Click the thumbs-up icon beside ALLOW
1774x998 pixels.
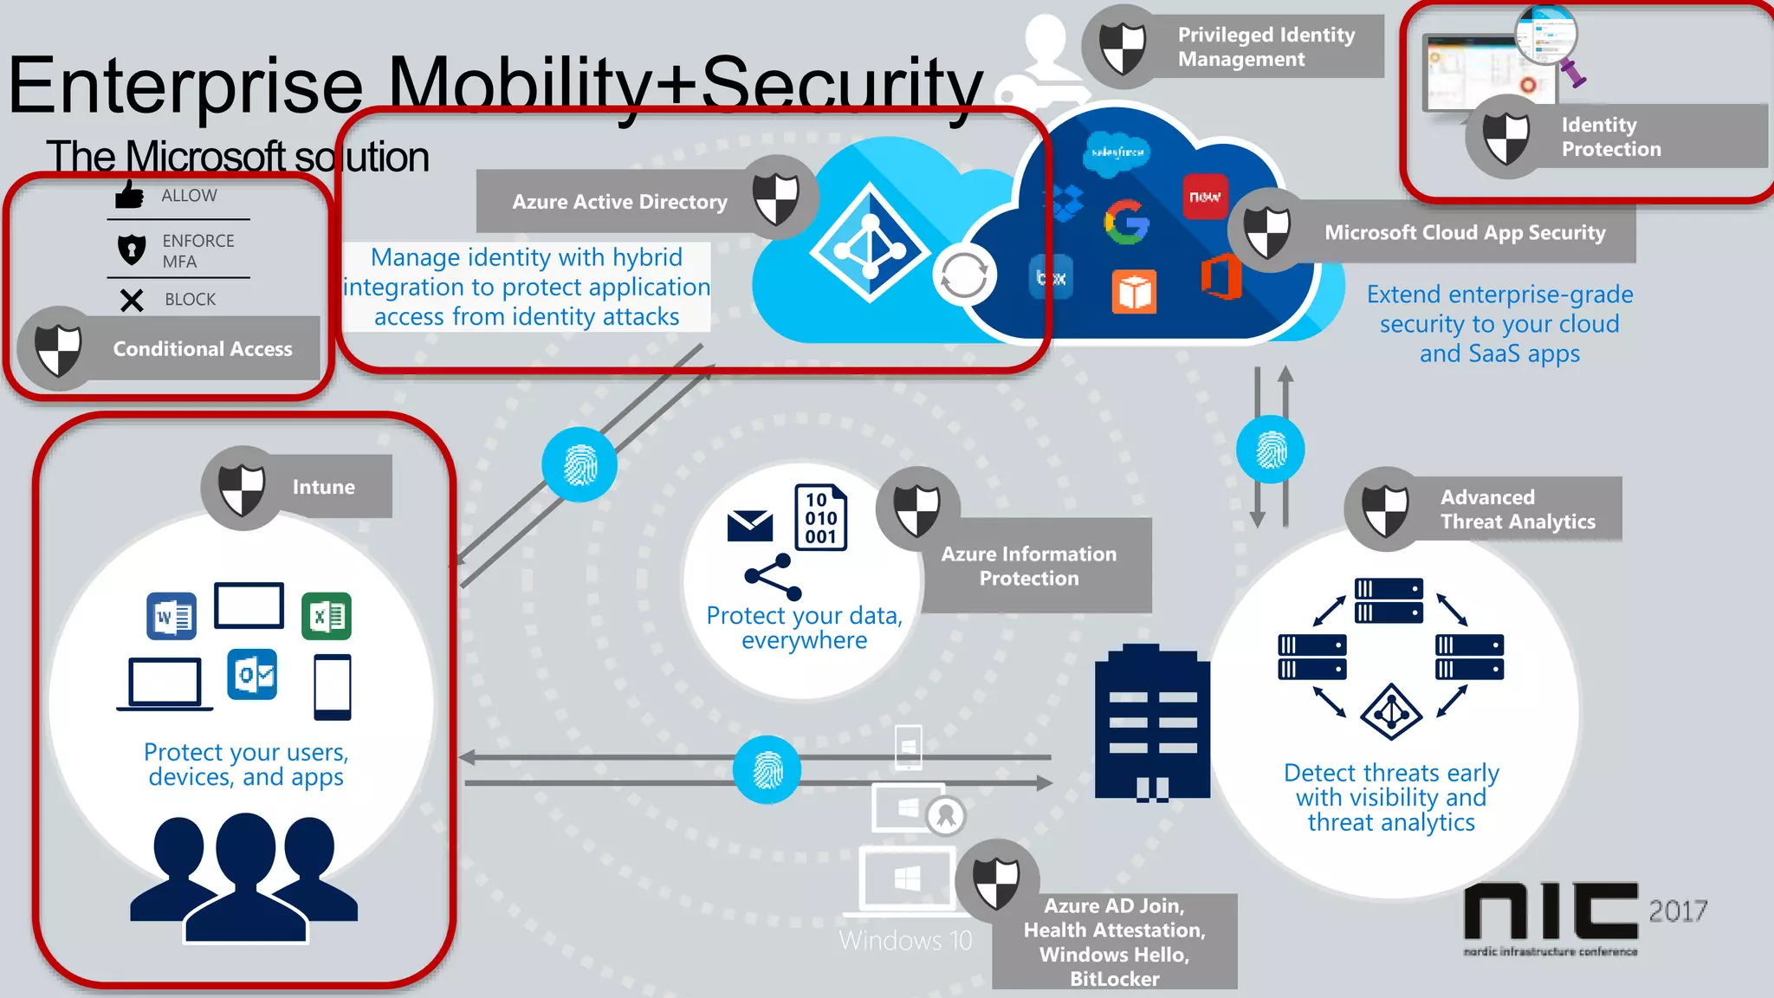(129, 195)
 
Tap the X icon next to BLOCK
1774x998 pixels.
(132, 300)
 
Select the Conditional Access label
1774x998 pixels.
(202, 348)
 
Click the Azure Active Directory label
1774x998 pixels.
(619, 202)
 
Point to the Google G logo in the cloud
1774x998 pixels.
(1126, 222)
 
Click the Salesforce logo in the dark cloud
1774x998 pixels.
(1117, 152)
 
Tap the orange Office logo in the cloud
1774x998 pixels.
(1220, 278)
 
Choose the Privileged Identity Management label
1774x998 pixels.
(1266, 47)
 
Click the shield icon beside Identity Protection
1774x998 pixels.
(1506, 137)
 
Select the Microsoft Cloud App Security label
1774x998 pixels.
(1464, 232)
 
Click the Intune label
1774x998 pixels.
(323, 487)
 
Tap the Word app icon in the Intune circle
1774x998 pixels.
(172, 617)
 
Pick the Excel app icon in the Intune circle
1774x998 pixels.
(327, 617)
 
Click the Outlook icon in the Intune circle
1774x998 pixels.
(252, 674)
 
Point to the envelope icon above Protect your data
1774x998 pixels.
(750, 526)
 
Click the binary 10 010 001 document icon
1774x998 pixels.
(820, 517)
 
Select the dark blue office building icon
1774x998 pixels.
(1152, 723)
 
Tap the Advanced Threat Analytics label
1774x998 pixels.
(1517, 509)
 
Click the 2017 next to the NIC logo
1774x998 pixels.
(1678, 911)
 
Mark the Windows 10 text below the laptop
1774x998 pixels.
(905, 941)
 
